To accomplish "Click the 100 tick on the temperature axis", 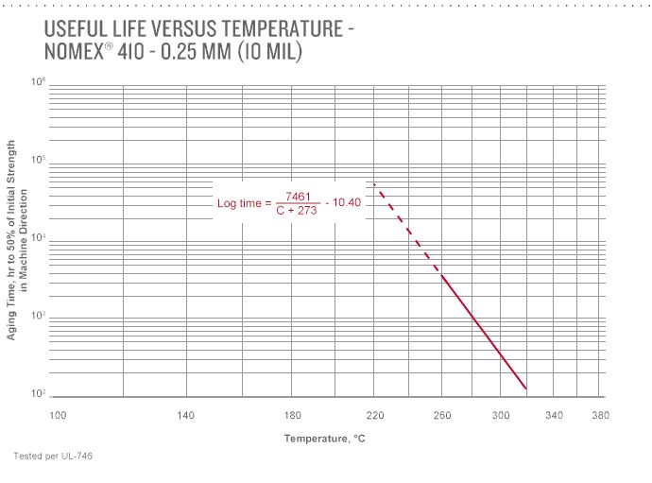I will pos(58,415).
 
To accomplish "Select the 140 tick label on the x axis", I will pos(186,415).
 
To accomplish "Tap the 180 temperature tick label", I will pos(293,415).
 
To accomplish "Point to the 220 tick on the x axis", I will pos(375,415).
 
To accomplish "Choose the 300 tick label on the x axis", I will pos(501,415).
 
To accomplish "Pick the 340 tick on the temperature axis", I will pos(555,415).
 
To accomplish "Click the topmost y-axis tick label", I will pos(39,83).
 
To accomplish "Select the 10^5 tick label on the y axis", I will pos(39,161).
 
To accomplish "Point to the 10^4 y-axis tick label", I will pos(39,238).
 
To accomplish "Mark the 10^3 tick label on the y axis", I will pos(39,316).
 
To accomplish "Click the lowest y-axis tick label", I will pos(39,393).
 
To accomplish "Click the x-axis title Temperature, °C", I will pos(325,439).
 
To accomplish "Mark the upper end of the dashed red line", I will pos(375,183).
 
